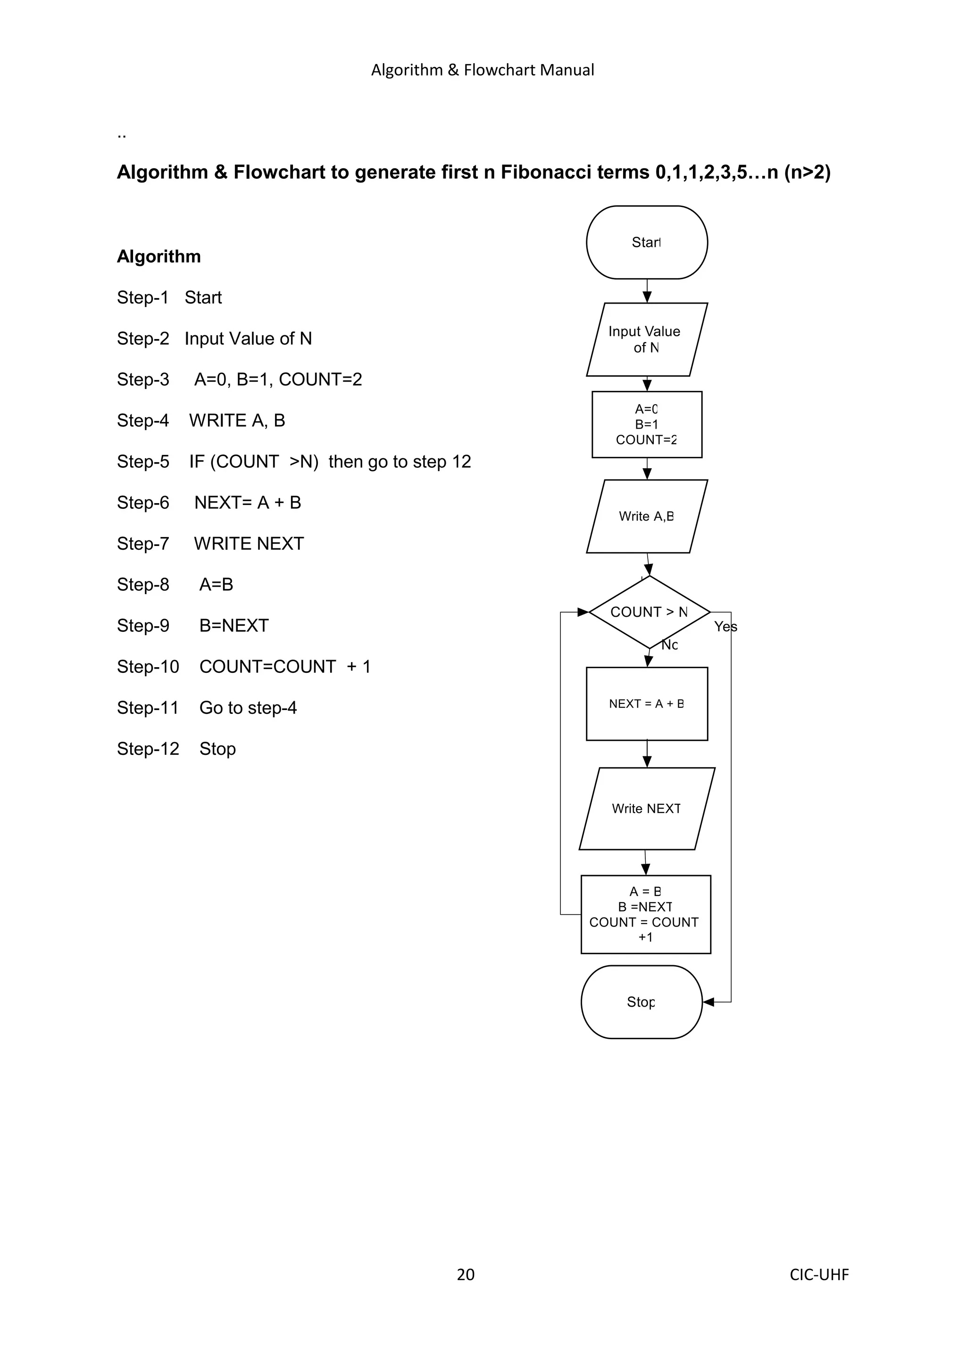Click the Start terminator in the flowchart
click(647, 242)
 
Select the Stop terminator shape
click(641, 1002)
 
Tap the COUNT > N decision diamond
click(649, 612)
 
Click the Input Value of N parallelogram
click(646, 339)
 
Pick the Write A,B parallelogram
click(646, 516)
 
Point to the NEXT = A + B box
click(647, 703)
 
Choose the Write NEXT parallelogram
click(646, 809)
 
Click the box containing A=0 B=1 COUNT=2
click(647, 424)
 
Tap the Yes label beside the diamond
click(725, 627)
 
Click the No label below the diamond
click(670, 645)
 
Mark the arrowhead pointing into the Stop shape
click(708, 1002)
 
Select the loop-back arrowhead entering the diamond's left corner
click(583, 612)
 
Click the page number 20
click(465, 1274)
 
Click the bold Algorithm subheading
click(159, 256)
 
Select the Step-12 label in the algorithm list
click(148, 748)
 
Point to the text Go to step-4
click(248, 707)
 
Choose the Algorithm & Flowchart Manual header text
click(483, 70)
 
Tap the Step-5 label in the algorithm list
click(143, 461)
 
